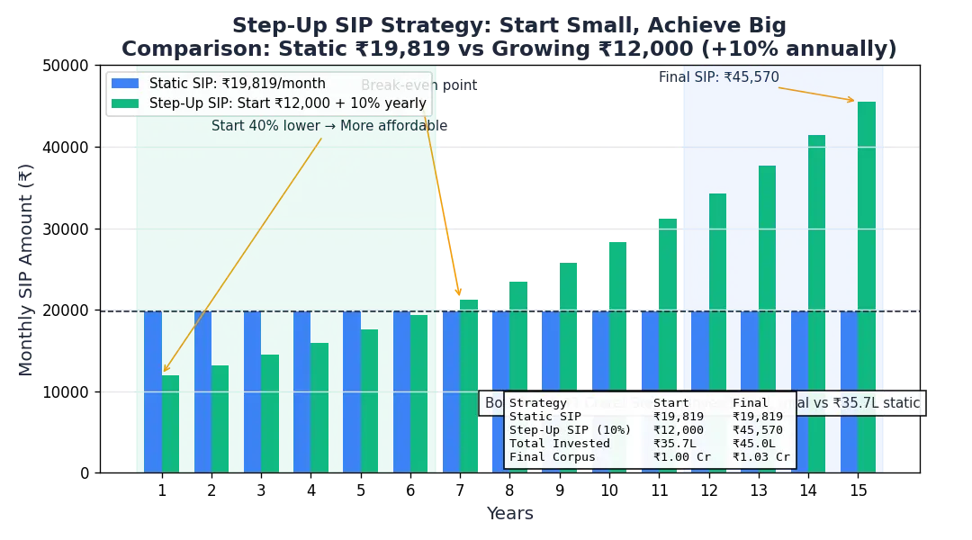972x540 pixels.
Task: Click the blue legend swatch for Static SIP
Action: click(125, 84)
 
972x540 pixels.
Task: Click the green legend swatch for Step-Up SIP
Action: click(125, 103)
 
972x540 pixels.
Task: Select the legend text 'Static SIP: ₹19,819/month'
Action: click(237, 84)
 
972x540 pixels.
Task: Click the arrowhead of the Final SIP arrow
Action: click(852, 101)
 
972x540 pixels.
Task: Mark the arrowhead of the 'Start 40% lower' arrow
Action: click(165, 369)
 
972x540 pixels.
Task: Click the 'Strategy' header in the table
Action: click(538, 403)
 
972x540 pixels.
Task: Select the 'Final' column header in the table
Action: click(751, 403)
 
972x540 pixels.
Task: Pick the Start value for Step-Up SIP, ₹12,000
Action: click(678, 430)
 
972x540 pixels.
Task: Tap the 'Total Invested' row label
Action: click(559, 444)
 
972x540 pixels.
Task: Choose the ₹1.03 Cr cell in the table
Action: click(760, 457)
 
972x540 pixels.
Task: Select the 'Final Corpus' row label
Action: click(552, 457)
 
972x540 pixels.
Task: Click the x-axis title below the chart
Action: click(511, 516)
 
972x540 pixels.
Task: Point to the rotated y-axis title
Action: click(26, 270)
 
